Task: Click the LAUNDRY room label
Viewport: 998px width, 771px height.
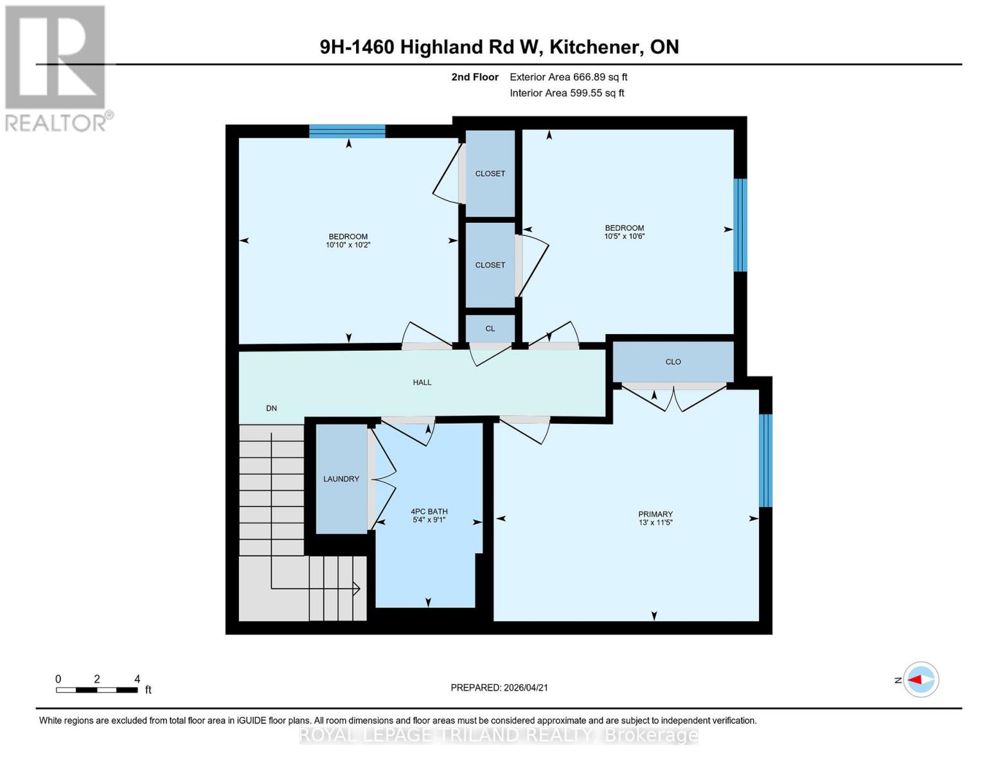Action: (341, 479)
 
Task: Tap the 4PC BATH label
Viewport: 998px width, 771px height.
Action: (429, 511)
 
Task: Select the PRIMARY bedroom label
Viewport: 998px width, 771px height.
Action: (655, 514)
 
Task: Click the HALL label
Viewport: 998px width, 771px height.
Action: (422, 382)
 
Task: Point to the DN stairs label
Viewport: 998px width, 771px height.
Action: (272, 408)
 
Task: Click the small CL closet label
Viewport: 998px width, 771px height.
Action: (490, 328)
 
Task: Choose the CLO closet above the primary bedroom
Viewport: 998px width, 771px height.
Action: (673, 362)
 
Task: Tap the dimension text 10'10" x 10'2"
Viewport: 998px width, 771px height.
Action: (348, 245)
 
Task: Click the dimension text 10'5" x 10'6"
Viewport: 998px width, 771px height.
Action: (624, 236)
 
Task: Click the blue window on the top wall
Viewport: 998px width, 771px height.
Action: (347, 131)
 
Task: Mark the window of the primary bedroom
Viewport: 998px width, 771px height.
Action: (765, 461)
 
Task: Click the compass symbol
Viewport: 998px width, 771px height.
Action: (921, 679)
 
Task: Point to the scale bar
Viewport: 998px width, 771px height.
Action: (97, 690)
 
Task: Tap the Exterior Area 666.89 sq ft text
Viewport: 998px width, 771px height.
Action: (568, 77)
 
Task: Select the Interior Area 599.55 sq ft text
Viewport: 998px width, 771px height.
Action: (567, 93)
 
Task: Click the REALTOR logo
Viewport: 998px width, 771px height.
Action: (56, 67)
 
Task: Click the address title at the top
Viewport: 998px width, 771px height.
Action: (499, 47)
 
